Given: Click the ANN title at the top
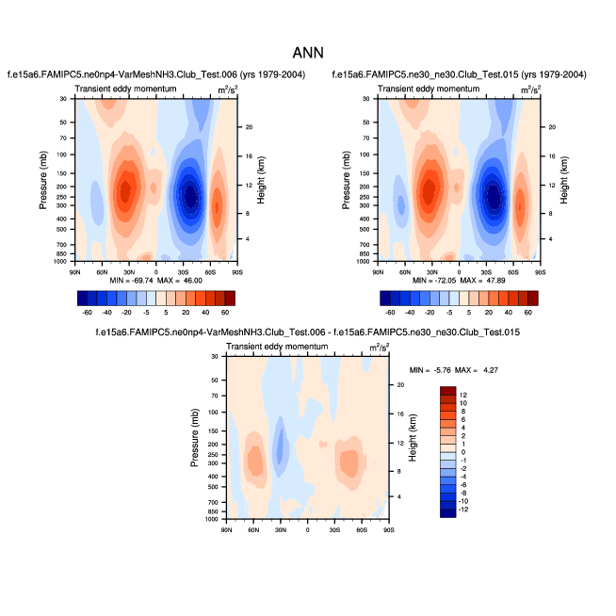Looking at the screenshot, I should coord(308,53).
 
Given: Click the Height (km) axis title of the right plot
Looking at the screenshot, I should coord(564,180).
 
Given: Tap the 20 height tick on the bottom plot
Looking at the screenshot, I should coord(399,385).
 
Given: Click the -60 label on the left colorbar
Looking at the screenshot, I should coord(88,311).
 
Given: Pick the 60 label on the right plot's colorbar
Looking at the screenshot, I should coord(530,311).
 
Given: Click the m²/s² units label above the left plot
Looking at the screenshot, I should coord(226,90).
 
